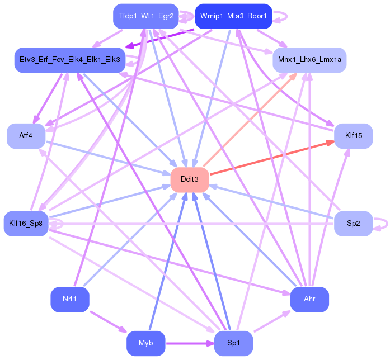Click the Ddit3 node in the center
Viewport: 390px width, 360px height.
[189, 179]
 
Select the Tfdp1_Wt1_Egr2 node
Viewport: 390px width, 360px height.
[145, 16]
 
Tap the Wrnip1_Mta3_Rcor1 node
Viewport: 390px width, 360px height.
[233, 16]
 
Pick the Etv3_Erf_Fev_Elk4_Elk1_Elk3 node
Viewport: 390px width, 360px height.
[69, 59]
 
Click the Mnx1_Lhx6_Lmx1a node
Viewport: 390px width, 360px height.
[309, 59]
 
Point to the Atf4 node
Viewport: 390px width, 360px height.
[26, 136]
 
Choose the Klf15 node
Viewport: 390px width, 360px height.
[353, 136]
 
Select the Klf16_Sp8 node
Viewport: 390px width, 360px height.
[26, 224]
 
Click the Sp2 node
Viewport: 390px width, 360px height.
[353, 224]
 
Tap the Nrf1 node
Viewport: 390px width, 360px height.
[69, 300]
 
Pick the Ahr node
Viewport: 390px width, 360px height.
[309, 300]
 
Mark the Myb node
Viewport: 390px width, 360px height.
[145, 343]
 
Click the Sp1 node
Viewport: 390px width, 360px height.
[233, 343]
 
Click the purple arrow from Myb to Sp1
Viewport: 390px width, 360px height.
[190, 343]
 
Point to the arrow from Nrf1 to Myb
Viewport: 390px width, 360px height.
[107, 321]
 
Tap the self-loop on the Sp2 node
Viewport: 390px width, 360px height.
[382, 224]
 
